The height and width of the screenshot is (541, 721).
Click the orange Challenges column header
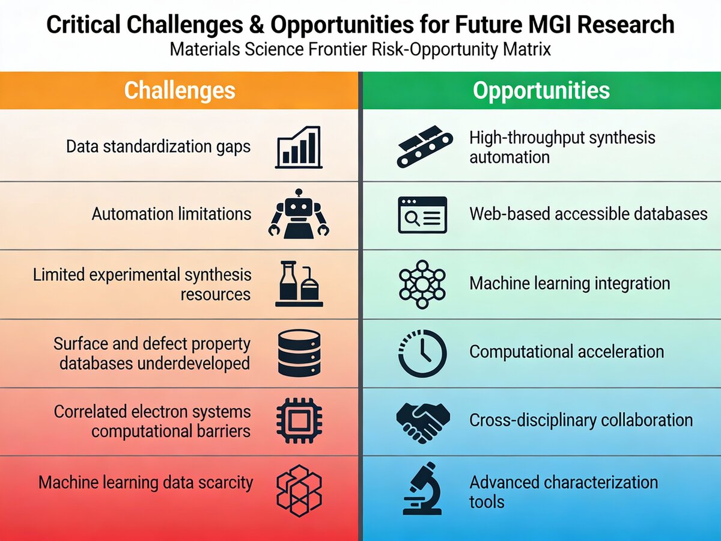(179, 90)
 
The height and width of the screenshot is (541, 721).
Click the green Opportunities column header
(542, 90)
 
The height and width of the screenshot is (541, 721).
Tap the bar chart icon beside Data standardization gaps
(299, 147)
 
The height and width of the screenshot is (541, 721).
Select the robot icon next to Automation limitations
(299, 214)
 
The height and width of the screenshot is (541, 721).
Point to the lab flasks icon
(299, 284)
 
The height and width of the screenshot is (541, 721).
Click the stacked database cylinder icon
(299, 353)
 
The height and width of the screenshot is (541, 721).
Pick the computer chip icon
(299, 420)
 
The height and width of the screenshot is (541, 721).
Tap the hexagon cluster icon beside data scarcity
(299, 491)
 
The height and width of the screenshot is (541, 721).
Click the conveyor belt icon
(425, 147)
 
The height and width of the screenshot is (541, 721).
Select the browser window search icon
(422, 215)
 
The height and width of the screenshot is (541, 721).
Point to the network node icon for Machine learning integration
(422, 284)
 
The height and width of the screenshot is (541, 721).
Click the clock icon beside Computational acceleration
(422, 353)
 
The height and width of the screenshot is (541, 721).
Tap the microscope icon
(422, 489)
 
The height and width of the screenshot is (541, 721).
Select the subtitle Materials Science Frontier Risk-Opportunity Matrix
(360, 50)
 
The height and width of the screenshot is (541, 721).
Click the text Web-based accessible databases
(588, 214)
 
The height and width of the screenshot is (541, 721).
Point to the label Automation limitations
(171, 214)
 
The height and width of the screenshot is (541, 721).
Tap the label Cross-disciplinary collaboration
(581, 420)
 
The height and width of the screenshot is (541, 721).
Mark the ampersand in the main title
(257, 25)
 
